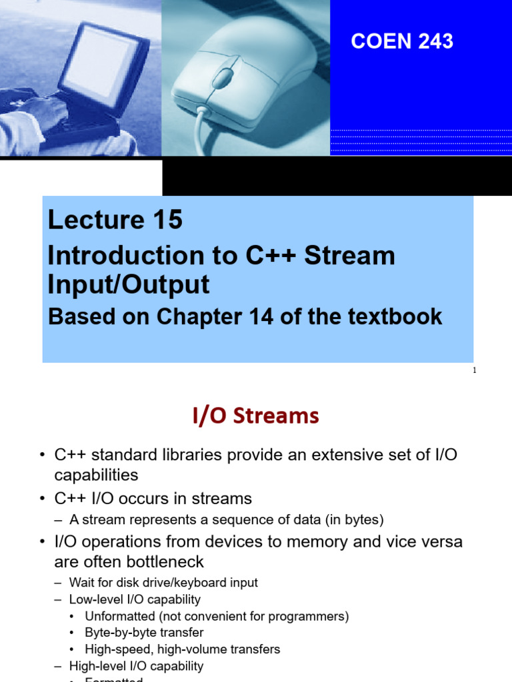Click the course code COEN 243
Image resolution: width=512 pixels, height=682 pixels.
(402, 41)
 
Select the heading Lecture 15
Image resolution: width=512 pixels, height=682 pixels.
(115, 220)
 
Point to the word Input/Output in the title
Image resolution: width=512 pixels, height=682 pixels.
(129, 284)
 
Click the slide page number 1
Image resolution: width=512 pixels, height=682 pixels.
(474, 371)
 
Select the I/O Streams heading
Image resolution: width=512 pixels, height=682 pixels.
(256, 416)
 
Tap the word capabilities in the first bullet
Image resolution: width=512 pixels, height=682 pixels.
(96, 476)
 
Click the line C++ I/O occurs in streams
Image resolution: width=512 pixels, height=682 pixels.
(153, 498)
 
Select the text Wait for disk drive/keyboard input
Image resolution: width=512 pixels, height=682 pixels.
(163, 583)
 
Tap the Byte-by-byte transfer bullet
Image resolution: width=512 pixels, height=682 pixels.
(144, 633)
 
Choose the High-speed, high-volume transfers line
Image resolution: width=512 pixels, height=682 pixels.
(182, 649)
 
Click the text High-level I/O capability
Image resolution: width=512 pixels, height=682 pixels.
(136, 666)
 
